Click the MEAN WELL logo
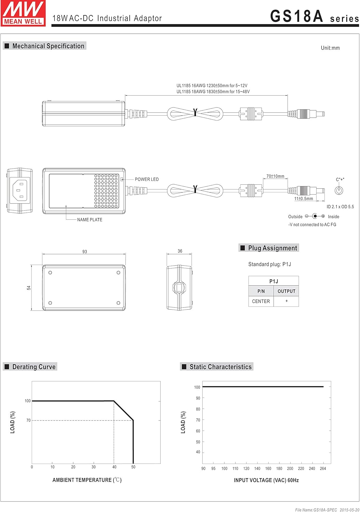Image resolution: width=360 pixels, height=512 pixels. tap(23, 13)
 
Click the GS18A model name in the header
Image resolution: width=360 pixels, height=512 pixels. tap(296, 16)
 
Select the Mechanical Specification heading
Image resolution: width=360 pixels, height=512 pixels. tap(48, 46)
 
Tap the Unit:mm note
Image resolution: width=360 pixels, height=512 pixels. tap(330, 48)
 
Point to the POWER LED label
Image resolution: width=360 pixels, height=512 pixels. tap(147, 179)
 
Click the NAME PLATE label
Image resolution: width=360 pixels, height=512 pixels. tap(89, 220)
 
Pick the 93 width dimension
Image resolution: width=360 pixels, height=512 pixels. tap(84, 252)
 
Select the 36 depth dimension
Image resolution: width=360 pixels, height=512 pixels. tap(180, 251)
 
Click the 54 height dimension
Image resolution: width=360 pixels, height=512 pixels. tap(29, 288)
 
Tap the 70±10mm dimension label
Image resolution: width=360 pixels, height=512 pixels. tap(275, 176)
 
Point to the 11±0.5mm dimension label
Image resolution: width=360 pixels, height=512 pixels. tap(304, 199)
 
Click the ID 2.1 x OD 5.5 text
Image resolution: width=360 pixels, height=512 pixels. tap(340, 207)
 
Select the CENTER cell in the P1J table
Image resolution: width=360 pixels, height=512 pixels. tap(261, 301)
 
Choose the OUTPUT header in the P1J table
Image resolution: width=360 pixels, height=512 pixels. tap(286, 291)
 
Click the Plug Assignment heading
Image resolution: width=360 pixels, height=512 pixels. tap(272, 248)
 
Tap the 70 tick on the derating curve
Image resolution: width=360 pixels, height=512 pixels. tap(28, 420)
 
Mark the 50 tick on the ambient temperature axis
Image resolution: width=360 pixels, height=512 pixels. tap(133, 467)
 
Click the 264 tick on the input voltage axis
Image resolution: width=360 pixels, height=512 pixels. tap(323, 468)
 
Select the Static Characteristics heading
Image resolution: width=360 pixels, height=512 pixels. tap(220, 367)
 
